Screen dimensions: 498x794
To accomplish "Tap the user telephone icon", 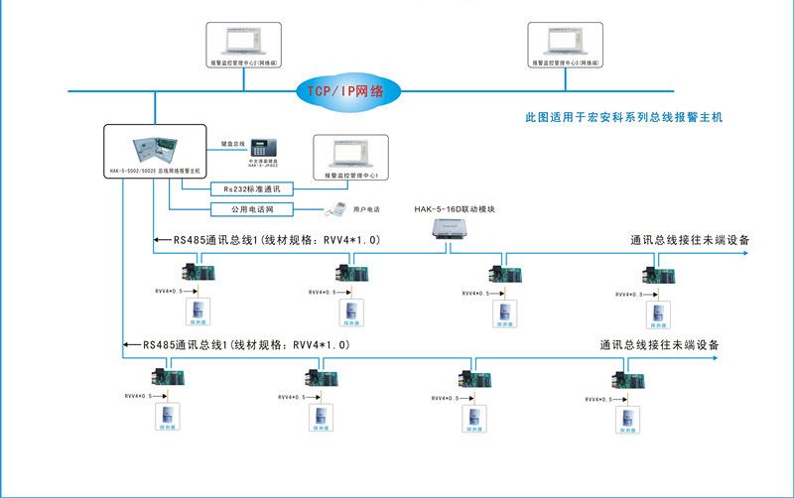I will [336, 209].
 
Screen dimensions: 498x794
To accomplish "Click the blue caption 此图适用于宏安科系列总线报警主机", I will [623, 117].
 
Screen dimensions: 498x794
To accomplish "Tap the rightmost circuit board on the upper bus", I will [657, 273].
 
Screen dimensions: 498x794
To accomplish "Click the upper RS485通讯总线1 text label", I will [278, 240].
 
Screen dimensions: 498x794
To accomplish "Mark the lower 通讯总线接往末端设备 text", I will [659, 345].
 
